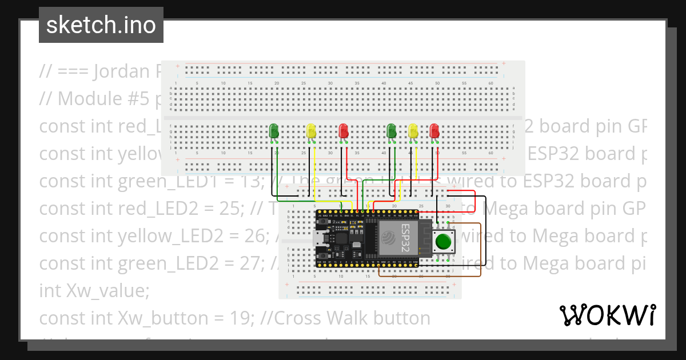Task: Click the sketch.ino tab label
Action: [x=101, y=25]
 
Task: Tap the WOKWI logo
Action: [x=607, y=315]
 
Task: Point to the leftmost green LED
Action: [x=274, y=131]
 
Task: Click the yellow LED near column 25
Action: [x=311, y=131]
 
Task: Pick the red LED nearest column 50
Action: [x=434, y=131]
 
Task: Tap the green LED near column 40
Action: [x=392, y=131]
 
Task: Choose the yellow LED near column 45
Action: [x=413, y=131]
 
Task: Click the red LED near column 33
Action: [x=343, y=131]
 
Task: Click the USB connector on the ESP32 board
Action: [x=318, y=239]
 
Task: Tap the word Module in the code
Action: [x=82, y=99]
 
